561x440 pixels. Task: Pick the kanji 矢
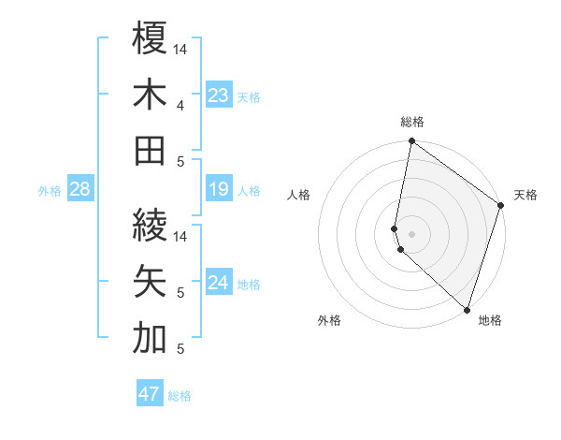point(150,281)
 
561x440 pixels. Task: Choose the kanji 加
point(150,339)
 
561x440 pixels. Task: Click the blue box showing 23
point(219,95)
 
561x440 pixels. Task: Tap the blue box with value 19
point(219,190)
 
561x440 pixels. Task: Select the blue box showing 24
point(219,283)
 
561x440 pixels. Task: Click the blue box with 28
point(80,190)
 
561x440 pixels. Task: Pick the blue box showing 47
point(150,394)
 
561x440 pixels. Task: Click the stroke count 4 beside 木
point(180,106)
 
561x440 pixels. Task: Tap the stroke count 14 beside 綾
point(180,236)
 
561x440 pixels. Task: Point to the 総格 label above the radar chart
point(412,122)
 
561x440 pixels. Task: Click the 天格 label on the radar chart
point(525,195)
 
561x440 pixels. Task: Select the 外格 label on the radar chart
point(329,320)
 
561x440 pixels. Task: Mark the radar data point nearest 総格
point(411,142)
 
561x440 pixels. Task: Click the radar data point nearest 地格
point(467,309)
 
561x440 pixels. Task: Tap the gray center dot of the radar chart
point(411,232)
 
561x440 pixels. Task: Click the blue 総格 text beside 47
point(180,396)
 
